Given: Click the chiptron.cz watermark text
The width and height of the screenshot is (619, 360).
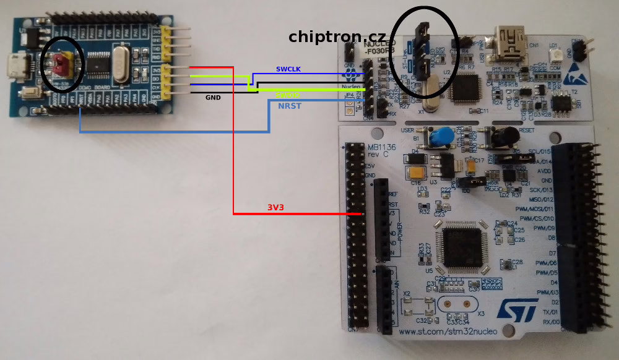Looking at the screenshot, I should (x=337, y=36).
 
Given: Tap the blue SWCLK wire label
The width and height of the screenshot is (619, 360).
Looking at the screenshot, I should (x=288, y=69).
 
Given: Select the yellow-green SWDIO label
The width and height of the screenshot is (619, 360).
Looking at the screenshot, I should (x=288, y=95).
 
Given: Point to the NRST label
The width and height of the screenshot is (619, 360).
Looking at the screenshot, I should (x=290, y=106).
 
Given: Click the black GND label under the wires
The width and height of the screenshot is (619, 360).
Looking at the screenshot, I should (x=213, y=97).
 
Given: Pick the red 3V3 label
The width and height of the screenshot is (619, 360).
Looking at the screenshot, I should (x=275, y=207).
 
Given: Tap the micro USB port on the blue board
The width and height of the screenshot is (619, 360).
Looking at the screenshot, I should (x=17, y=64).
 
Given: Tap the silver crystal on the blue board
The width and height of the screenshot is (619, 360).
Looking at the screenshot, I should (x=119, y=64).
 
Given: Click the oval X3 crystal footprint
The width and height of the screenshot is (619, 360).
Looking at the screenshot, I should (x=457, y=304).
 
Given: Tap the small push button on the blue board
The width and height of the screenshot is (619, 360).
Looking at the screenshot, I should (x=28, y=94).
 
